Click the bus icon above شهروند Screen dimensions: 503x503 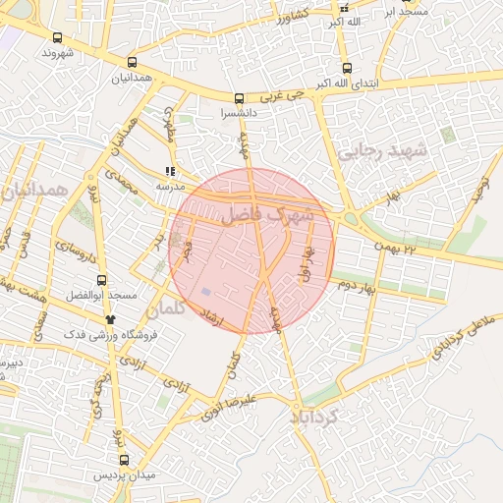56,37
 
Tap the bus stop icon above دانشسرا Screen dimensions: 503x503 240,98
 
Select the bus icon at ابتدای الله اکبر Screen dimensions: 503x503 347,68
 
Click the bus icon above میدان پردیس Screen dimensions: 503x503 124,459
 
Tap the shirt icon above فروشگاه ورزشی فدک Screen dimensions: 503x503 110,319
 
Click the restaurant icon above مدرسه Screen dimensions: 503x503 171,171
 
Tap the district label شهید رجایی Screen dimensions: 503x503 383,152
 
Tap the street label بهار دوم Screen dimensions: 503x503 359,285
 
